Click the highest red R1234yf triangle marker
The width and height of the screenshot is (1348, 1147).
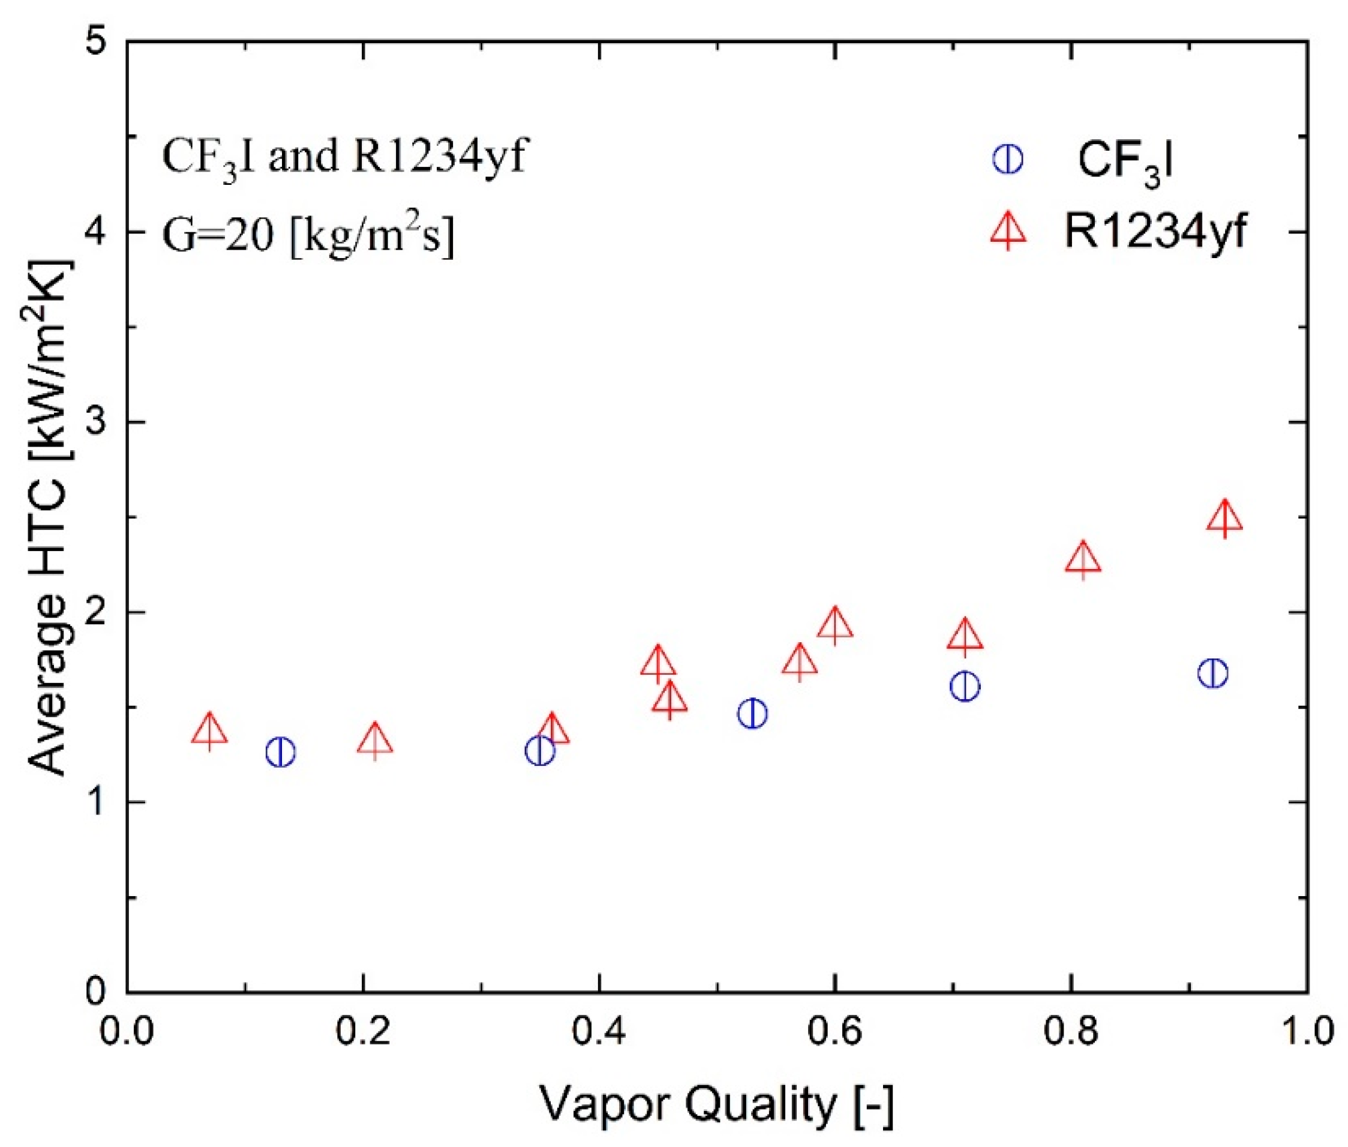[x=1224, y=520]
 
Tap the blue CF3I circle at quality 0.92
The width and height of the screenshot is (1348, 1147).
[x=1212, y=673]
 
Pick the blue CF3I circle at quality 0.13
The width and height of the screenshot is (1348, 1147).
[x=281, y=752]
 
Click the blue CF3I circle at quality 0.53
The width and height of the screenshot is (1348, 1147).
[x=753, y=713]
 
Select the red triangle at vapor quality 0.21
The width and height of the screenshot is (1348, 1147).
[x=375, y=741]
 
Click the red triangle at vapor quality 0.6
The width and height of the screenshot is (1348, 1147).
[x=835, y=625]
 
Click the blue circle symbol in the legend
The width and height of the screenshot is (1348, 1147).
[x=1007, y=159]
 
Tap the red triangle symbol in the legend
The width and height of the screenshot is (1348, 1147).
[x=1008, y=232]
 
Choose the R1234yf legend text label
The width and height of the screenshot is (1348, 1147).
[x=1155, y=232]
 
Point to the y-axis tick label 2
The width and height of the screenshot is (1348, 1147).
[x=98, y=612]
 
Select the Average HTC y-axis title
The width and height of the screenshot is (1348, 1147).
[x=49, y=517]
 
